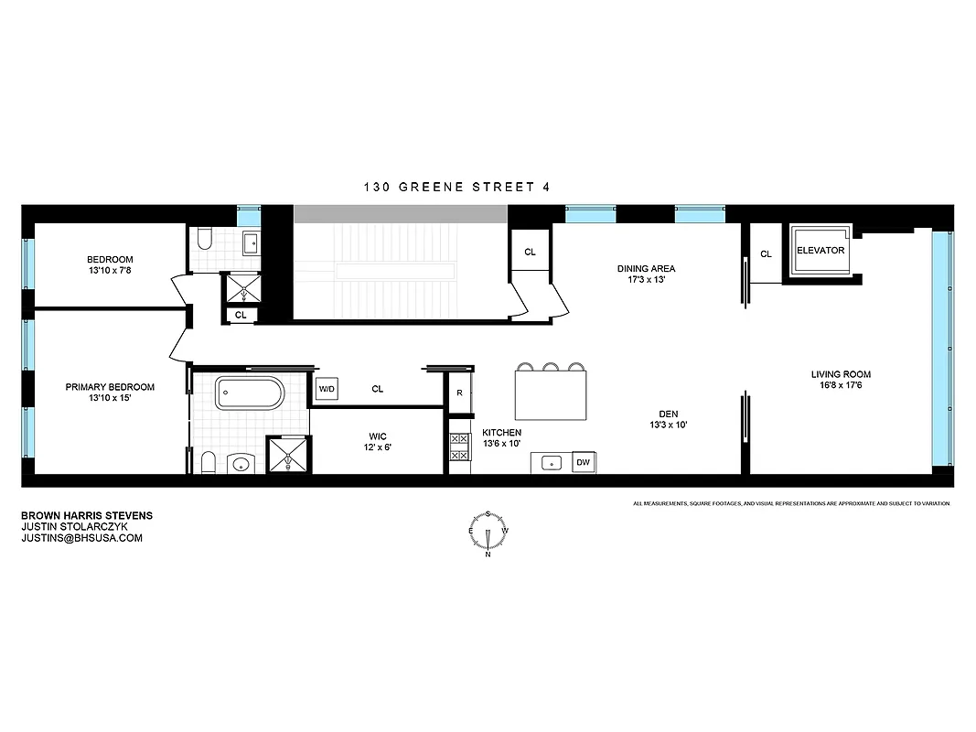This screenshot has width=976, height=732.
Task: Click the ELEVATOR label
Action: (x=820, y=250)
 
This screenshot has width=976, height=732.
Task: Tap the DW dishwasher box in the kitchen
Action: (x=583, y=463)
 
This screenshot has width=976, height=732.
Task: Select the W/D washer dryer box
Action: (x=327, y=389)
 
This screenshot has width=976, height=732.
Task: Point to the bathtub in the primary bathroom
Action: (x=250, y=393)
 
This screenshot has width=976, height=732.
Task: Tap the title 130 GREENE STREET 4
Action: (x=456, y=187)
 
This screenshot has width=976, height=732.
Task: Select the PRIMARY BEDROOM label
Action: (x=110, y=387)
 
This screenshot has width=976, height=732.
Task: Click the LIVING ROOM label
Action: (x=841, y=374)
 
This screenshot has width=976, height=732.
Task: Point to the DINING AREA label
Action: (x=646, y=269)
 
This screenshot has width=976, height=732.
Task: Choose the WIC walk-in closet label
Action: (x=379, y=436)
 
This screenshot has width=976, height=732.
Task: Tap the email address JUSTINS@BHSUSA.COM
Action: (x=81, y=538)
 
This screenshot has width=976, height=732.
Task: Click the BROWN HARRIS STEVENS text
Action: (x=86, y=515)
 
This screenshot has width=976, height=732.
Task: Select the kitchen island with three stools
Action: (x=551, y=394)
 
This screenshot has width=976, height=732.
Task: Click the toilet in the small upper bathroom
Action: (x=206, y=241)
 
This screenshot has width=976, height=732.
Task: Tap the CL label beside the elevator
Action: (x=766, y=254)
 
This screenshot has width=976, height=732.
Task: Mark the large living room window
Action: (x=940, y=349)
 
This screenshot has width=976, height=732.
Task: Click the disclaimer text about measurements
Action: (x=791, y=503)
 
